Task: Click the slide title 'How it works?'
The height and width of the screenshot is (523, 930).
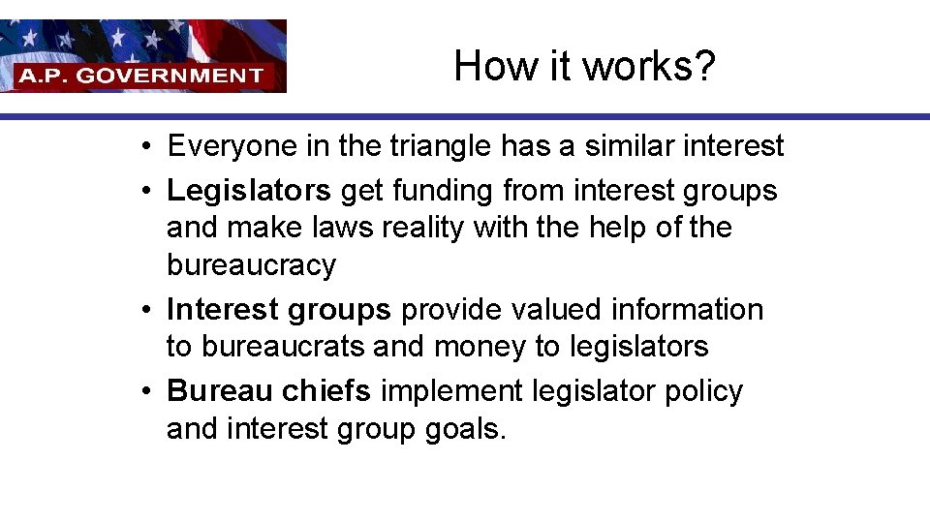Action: click(x=584, y=66)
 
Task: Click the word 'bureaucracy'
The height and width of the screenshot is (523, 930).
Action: click(x=251, y=265)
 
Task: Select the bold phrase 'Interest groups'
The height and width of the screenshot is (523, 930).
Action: click(x=279, y=310)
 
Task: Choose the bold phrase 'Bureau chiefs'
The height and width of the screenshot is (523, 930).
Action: click(x=268, y=391)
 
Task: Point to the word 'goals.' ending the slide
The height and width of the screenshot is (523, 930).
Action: click(x=466, y=429)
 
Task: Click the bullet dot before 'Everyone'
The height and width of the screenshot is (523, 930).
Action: click(x=142, y=147)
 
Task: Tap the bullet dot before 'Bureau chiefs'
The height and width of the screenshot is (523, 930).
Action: click(x=142, y=391)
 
